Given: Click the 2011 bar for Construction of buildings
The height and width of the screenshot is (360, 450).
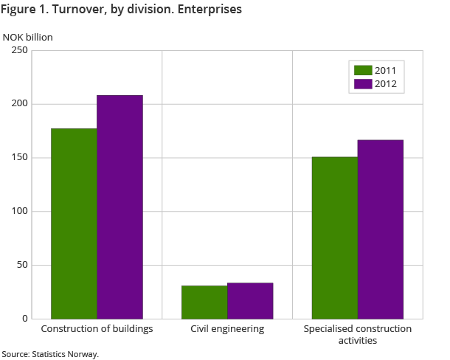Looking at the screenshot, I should pos(74,224).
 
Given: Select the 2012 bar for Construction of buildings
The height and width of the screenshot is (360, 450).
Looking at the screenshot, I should pos(120,207).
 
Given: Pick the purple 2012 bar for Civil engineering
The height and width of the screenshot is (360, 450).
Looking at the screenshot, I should pos(250,301).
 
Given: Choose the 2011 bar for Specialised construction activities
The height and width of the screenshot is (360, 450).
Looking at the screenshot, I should pos(335,238).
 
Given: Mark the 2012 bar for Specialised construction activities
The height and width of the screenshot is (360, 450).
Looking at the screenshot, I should pos(381,229).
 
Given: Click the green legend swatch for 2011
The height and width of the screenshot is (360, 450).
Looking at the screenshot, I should pos(363,70).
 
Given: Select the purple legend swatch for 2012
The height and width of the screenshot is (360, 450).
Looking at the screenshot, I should pos(363,83).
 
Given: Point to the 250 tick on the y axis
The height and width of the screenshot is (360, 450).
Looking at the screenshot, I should pos(19,50).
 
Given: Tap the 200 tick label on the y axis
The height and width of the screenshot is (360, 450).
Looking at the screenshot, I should pos(19,104).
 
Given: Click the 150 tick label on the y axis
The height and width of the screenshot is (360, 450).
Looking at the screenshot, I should pos(19,158).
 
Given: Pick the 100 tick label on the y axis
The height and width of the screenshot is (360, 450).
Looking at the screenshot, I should pos(19,212).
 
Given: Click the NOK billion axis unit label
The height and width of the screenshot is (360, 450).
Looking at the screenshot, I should pos(28,36).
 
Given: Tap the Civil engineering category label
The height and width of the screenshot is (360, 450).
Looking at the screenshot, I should pos(227,329).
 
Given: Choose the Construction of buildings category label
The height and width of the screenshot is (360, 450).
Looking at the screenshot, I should pos(97,329).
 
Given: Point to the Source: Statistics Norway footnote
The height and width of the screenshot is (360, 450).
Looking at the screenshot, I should pos(50,354).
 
